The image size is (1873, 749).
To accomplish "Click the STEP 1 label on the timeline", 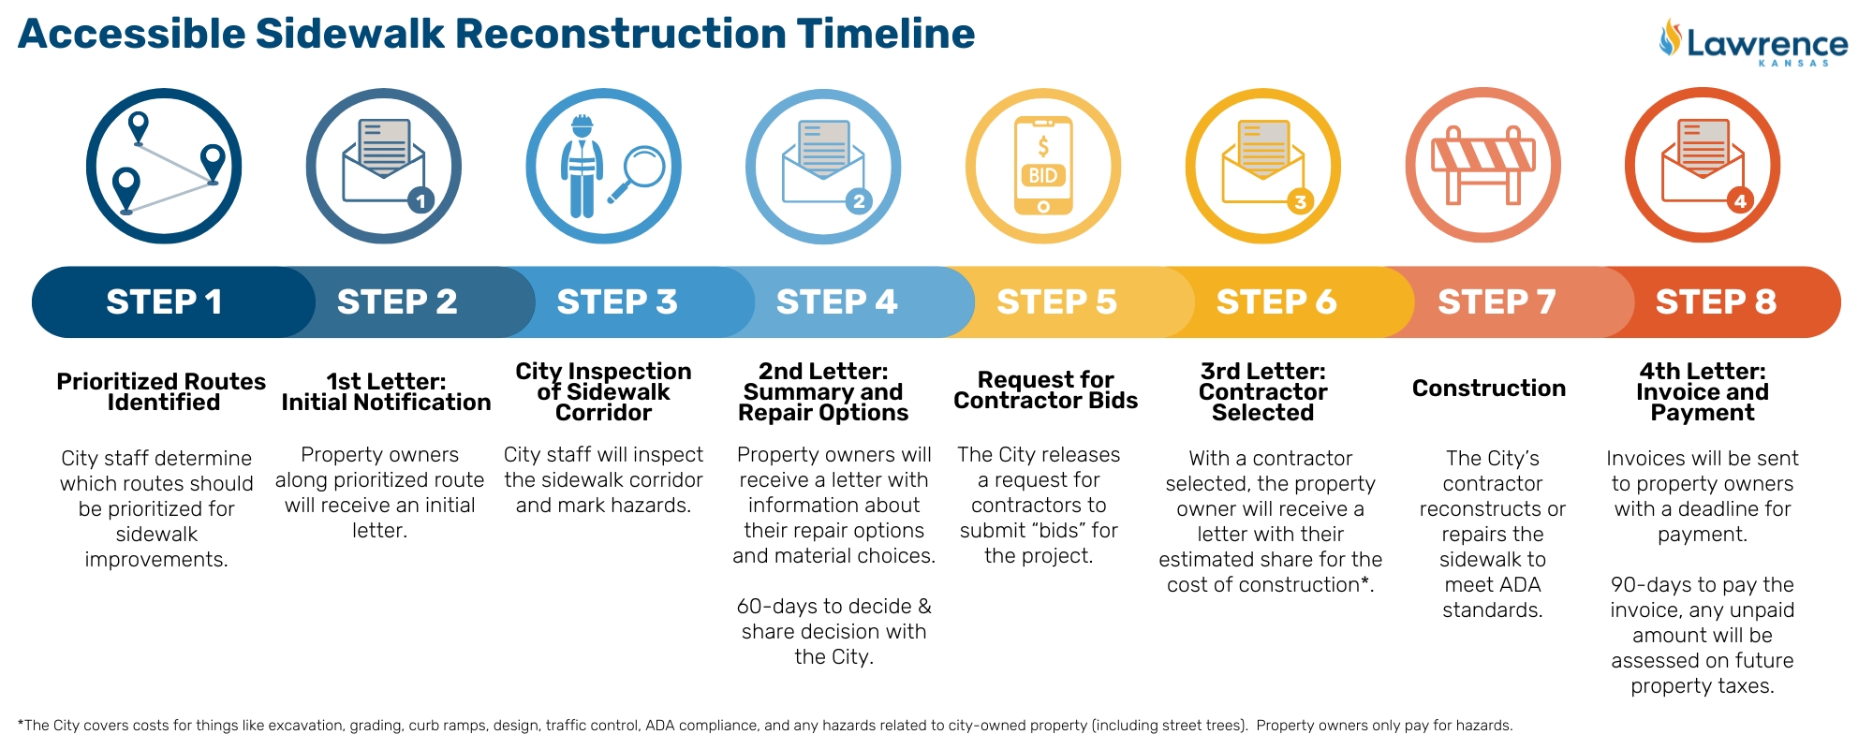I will (x=164, y=302).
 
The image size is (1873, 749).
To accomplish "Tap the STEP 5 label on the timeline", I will (x=1056, y=302).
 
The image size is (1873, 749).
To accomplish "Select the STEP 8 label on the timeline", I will (x=1716, y=302).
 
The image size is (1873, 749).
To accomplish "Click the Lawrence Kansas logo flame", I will (x=1670, y=37).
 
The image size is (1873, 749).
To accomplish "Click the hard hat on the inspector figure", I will (x=583, y=125).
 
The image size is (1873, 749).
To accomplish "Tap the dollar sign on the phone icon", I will (x=1043, y=146).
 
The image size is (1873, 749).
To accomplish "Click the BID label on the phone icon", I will (x=1043, y=175).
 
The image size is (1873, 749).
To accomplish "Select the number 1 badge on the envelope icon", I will (x=421, y=200).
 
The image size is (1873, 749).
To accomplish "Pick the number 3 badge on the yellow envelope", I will (x=1300, y=201).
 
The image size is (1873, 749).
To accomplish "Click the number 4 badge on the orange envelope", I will (x=1740, y=200).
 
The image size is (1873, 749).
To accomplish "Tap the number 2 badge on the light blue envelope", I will (x=859, y=200).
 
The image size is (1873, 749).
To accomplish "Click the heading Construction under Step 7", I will (x=1489, y=389).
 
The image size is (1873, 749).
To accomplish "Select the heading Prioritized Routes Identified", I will (x=162, y=392).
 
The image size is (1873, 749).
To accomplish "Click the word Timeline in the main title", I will (x=886, y=35).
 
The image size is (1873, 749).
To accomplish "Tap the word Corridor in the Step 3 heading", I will (x=603, y=413).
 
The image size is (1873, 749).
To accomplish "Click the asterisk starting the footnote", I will (x=21, y=724).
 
